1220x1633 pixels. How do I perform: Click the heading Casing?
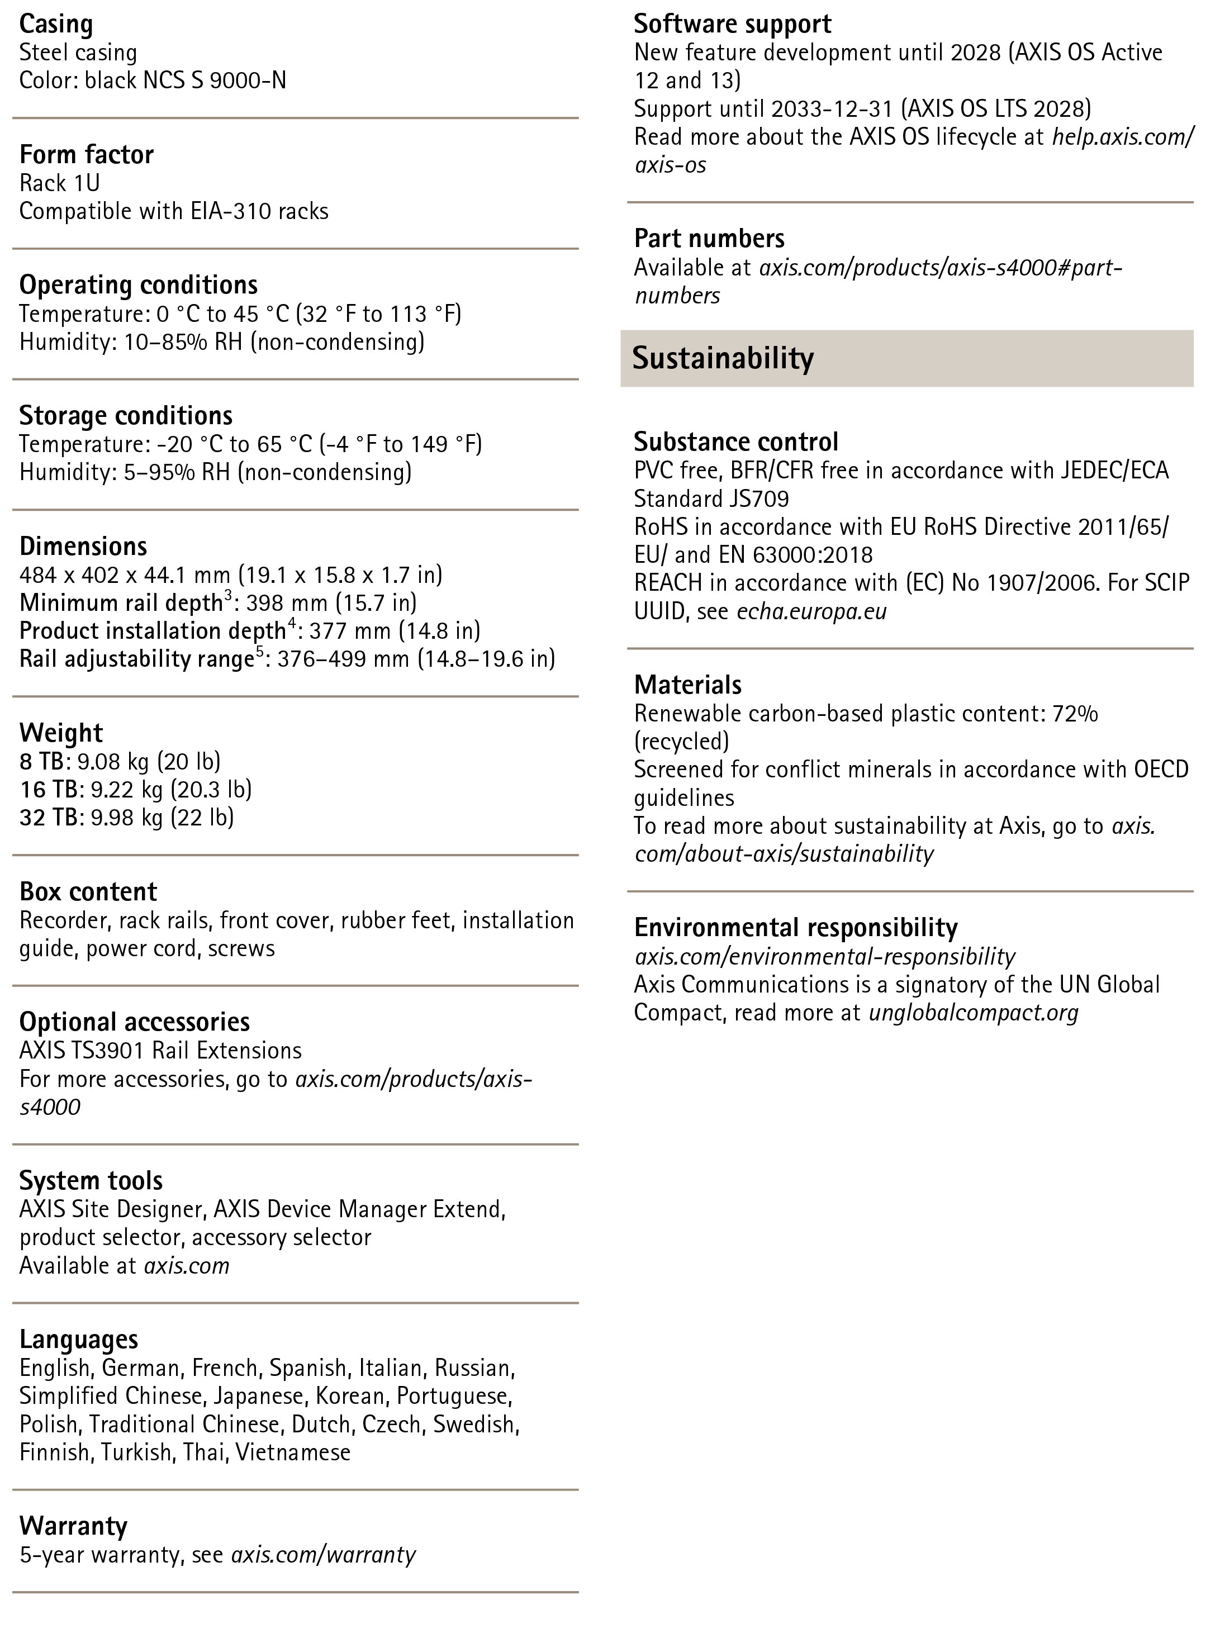[x=56, y=25]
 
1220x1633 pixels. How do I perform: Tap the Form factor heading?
[x=87, y=155]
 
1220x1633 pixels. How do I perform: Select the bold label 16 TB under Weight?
[x=48, y=790]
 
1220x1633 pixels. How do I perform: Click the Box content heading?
[x=88, y=892]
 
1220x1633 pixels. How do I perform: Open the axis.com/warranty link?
[x=323, y=1555]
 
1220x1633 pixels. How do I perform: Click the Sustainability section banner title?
[x=723, y=358]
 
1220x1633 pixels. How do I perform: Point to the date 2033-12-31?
[x=832, y=110]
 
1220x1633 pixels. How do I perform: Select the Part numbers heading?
[x=709, y=239]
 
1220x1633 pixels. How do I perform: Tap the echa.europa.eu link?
[x=811, y=612]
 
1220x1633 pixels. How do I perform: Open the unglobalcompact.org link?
[x=973, y=1012]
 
